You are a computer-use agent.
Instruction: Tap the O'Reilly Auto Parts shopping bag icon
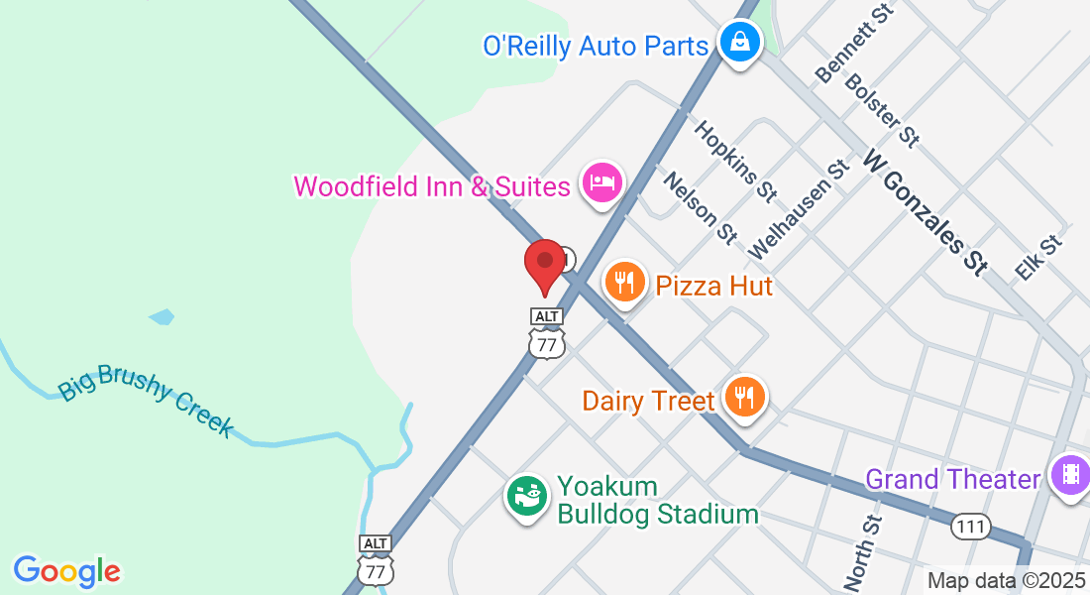click(x=739, y=42)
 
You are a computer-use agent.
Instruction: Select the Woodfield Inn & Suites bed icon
click(x=601, y=183)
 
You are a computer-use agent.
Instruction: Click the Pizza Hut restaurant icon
click(x=623, y=283)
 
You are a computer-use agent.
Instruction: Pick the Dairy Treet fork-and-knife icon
click(x=743, y=397)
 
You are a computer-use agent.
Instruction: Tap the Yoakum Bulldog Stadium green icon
click(x=526, y=494)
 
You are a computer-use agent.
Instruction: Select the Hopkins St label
click(x=735, y=160)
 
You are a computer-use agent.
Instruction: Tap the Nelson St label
click(x=701, y=207)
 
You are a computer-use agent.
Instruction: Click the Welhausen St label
click(x=801, y=210)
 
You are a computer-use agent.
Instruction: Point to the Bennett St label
click(x=853, y=42)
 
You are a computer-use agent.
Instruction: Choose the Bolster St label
click(x=882, y=108)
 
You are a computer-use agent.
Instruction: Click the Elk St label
click(x=1037, y=257)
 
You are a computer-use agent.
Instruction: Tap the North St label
click(x=862, y=550)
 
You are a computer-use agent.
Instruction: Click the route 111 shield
click(x=971, y=527)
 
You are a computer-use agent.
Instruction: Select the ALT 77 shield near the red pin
click(x=546, y=334)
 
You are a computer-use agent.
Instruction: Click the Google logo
click(x=66, y=571)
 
